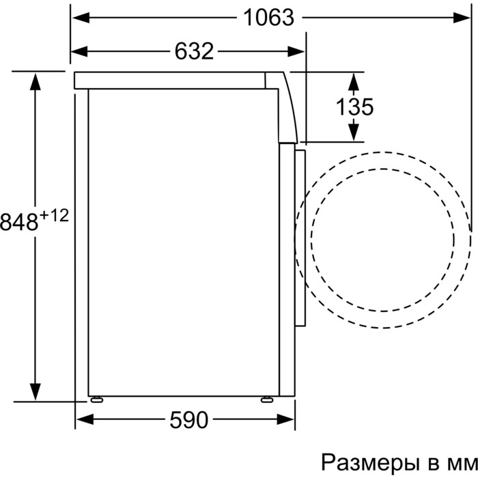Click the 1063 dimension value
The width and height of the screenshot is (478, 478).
coord(269,18)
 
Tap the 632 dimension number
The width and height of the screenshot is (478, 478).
coord(194,51)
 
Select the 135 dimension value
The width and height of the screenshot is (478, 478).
coord(354,107)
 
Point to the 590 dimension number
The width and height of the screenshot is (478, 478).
coord(188,420)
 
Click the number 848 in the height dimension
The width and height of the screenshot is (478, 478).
coord(19,222)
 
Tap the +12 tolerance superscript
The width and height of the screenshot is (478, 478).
coord(54,216)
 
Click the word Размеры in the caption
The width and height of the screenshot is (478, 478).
coord(369,462)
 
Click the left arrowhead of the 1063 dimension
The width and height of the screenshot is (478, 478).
coord(81,18)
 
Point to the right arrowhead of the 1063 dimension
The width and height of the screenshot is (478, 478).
coord(462,18)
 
